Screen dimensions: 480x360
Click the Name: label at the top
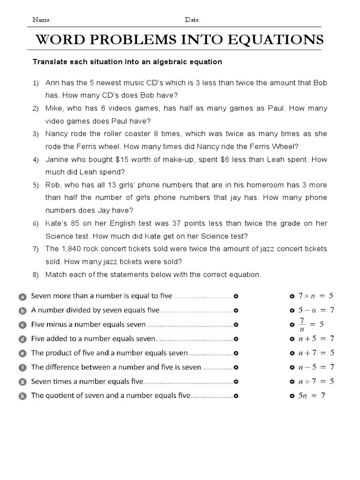click(41, 20)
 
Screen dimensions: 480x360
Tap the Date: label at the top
click(192, 20)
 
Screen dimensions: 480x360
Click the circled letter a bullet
click(22, 296)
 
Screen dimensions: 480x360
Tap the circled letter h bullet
click(22, 396)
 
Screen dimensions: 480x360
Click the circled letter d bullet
click(22, 339)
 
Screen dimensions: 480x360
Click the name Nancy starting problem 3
click(56, 134)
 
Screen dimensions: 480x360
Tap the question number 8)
click(35, 275)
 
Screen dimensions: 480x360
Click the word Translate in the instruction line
click(48, 62)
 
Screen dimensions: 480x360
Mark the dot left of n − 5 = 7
click(292, 367)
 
